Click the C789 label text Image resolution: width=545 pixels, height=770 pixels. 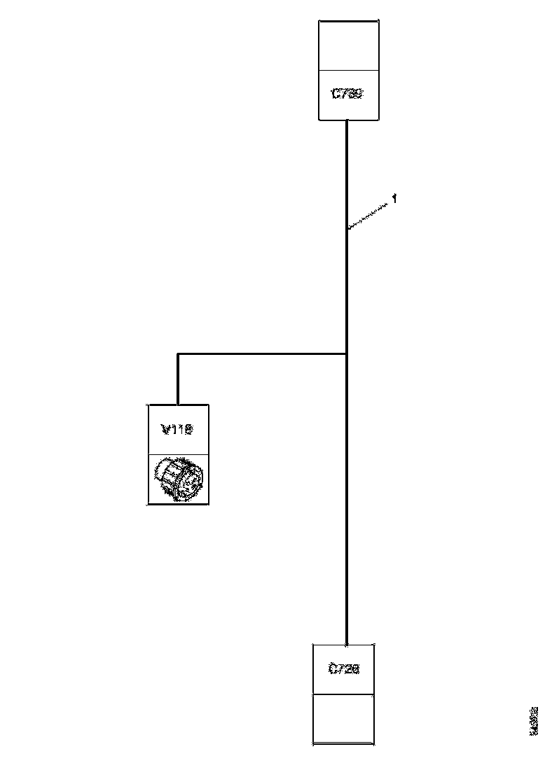pos(348,94)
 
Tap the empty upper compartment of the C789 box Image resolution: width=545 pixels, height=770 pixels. pos(349,45)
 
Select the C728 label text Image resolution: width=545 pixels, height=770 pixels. pos(343,669)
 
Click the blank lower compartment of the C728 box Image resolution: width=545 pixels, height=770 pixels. pos(343,719)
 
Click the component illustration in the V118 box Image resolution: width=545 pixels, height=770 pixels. pos(178,479)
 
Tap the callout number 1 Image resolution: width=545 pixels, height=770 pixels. pos(395,199)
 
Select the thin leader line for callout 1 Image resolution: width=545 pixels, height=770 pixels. pos(369,216)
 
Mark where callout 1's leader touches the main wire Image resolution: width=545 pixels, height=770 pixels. pos(348,227)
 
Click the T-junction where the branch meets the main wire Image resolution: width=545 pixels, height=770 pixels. pos(347,354)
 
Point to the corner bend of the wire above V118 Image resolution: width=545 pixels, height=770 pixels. pos(179,354)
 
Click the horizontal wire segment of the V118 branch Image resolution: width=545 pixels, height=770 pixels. pos(263,354)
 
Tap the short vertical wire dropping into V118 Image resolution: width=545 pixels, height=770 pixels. pos(179,379)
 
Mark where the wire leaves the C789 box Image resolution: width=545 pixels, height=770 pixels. pos(348,120)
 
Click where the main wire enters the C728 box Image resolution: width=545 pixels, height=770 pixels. pos(347,644)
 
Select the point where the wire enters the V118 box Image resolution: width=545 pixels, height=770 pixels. pos(179,404)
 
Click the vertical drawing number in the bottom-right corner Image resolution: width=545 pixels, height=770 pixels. pos(534,721)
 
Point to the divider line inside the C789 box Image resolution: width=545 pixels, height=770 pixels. pos(349,70)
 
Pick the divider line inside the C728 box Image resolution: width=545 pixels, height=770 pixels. pos(343,694)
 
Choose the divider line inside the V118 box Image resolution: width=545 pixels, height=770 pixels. pos(178,454)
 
